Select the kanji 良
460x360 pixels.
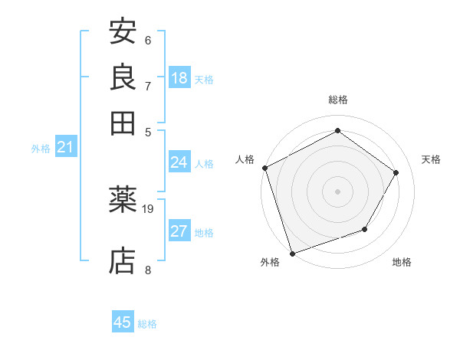point(123,77)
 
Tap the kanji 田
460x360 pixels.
point(123,123)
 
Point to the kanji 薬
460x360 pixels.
point(123,200)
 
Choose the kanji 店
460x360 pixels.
point(123,260)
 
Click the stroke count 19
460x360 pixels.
point(148,208)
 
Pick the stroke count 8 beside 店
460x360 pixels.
point(148,270)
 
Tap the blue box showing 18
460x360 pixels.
point(179,78)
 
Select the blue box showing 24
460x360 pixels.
point(179,162)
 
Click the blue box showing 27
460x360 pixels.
point(179,231)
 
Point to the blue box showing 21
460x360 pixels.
point(65,147)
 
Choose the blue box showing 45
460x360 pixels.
point(123,322)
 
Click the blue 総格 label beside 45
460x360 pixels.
point(147,324)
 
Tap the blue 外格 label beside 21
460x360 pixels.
point(41,149)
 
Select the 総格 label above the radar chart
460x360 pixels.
point(337,100)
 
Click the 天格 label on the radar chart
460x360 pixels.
point(432,159)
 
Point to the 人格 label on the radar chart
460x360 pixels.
point(245,159)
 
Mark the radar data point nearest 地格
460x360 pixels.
point(365,229)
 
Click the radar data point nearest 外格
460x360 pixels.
point(292,253)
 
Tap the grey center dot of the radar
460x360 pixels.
point(337,191)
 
